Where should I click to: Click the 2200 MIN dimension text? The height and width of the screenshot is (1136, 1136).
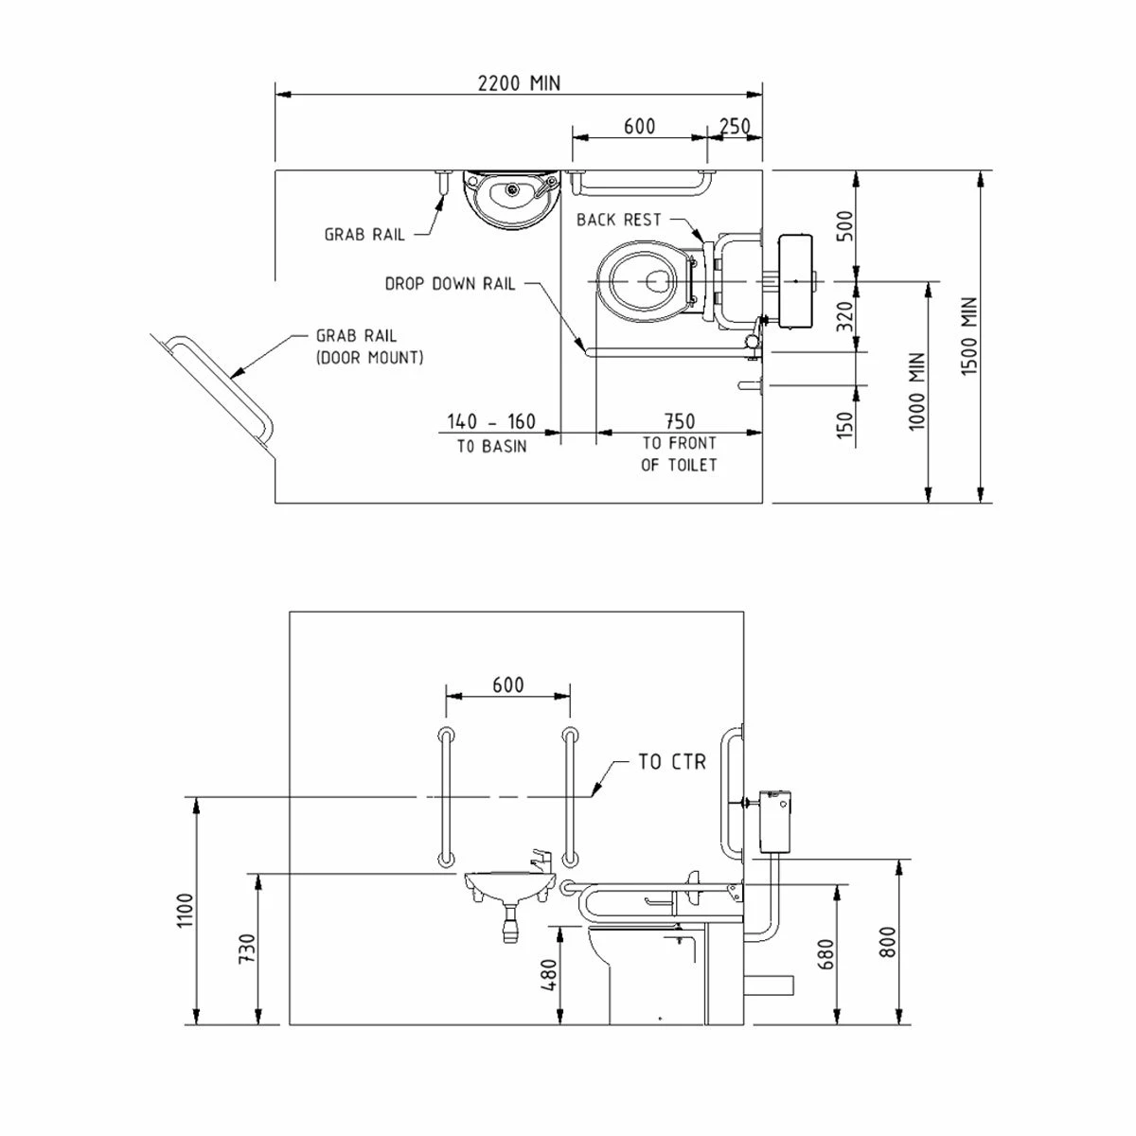(518, 83)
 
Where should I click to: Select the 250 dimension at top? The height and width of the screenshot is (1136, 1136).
(735, 127)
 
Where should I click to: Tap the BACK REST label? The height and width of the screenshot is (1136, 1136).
(619, 220)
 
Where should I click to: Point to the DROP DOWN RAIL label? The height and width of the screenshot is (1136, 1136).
(450, 283)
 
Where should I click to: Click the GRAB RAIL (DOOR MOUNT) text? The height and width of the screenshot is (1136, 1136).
(369, 346)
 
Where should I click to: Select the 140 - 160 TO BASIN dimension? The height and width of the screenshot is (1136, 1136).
(491, 432)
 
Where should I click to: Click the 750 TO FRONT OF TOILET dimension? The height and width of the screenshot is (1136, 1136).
(679, 442)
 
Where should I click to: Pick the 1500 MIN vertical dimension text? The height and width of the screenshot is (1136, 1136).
(968, 336)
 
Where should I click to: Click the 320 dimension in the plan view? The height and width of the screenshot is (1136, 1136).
(846, 314)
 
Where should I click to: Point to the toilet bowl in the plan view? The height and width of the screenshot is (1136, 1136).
(643, 278)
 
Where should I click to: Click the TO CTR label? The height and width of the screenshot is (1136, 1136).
(671, 761)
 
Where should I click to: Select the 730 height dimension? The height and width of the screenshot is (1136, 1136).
(246, 950)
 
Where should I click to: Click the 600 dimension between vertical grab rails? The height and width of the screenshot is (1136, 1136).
(508, 684)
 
